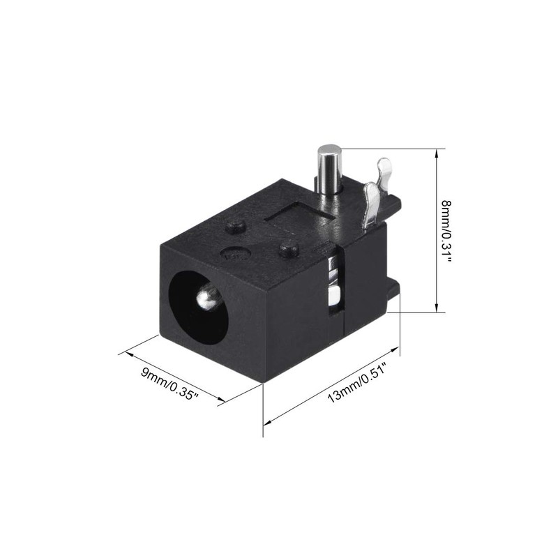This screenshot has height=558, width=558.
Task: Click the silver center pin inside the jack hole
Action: point(207,299)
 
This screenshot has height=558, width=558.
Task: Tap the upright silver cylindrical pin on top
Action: point(329,167)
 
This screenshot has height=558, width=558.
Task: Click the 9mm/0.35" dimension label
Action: point(170,383)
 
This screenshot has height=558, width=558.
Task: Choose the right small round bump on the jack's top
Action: point(289,247)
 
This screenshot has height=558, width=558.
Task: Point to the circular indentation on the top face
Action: point(234,255)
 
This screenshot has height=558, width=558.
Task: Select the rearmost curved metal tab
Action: point(383,171)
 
